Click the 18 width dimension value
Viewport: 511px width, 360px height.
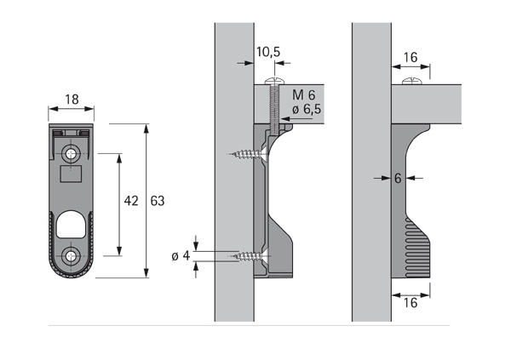(x=72, y=100)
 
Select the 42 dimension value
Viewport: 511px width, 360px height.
(x=130, y=201)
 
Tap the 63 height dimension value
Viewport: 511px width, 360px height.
(x=157, y=201)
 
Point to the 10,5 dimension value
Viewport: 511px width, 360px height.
(x=267, y=53)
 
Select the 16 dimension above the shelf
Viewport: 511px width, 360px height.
(x=409, y=57)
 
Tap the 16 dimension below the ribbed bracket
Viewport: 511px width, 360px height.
(x=409, y=302)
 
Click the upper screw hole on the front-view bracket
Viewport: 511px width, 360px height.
(x=72, y=153)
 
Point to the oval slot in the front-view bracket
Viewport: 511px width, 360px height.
(x=72, y=226)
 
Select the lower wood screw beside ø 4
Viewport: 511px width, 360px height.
(x=247, y=255)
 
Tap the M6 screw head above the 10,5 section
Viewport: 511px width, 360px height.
(x=273, y=80)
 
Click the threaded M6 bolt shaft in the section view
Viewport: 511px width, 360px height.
(x=273, y=111)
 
